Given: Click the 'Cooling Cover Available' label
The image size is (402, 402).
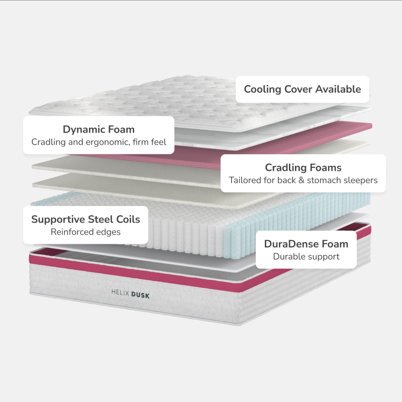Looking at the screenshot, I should coord(303,89).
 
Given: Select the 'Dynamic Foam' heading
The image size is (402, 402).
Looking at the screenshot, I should coord(98,130).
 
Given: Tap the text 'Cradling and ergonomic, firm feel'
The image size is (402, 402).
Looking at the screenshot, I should coord(98,142).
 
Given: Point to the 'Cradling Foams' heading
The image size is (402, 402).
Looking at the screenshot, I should coord(303,167).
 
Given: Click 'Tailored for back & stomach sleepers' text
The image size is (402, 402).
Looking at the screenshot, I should coord(303,180).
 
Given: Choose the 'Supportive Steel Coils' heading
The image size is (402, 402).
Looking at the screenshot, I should coord(85,219).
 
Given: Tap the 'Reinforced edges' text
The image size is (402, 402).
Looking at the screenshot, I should coord(85,232).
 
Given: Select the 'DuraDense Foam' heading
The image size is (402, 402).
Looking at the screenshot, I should coord(306,244).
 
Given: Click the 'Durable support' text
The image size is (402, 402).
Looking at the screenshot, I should coord(306,257).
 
